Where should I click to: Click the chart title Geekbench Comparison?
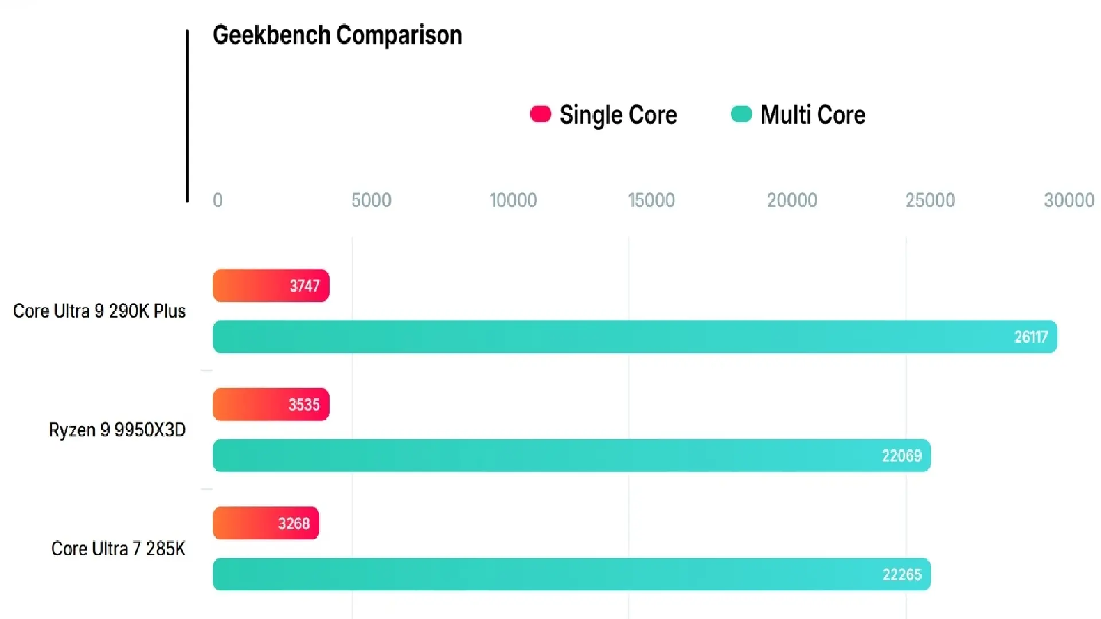(337, 35)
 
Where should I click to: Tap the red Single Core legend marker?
(540, 114)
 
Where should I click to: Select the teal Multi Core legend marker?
(741, 114)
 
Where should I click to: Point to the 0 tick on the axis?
(217, 200)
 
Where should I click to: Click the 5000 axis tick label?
(371, 200)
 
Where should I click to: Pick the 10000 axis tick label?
(513, 200)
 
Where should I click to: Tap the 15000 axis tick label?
(651, 200)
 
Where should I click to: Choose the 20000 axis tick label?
(792, 200)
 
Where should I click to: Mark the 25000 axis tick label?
(930, 200)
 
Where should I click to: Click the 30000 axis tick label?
(1069, 200)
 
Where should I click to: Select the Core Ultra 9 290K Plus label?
(99, 311)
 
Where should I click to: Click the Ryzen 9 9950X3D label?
(117, 430)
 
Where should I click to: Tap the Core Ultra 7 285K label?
(118, 549)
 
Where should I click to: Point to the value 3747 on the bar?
(304, 285)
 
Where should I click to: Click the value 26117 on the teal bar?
(1030, 337)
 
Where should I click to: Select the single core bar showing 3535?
(271, 405)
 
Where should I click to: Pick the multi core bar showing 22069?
(571, 456)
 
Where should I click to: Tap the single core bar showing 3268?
(266, 523)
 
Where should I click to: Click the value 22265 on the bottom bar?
(901, 574)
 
